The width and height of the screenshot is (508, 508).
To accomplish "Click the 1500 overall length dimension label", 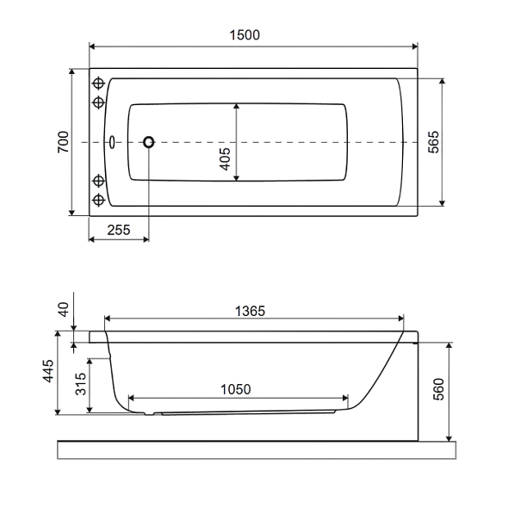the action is coord(245,35).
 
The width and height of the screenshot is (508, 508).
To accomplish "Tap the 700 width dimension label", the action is coord(63,142).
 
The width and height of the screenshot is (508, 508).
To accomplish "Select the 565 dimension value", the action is coord(433,142).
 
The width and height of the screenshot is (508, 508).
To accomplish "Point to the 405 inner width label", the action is coord(225,158).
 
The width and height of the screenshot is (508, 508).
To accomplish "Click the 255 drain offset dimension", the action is coord(119,230).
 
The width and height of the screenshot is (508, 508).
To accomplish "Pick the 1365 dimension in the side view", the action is coord(250,312).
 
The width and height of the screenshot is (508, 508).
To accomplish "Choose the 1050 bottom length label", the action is coord(236,389).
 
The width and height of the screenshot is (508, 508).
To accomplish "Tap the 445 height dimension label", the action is coord(48,371).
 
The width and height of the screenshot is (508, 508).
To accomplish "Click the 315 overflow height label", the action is coord(81,384).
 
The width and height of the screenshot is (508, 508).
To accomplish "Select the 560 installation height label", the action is coord(438,389).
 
